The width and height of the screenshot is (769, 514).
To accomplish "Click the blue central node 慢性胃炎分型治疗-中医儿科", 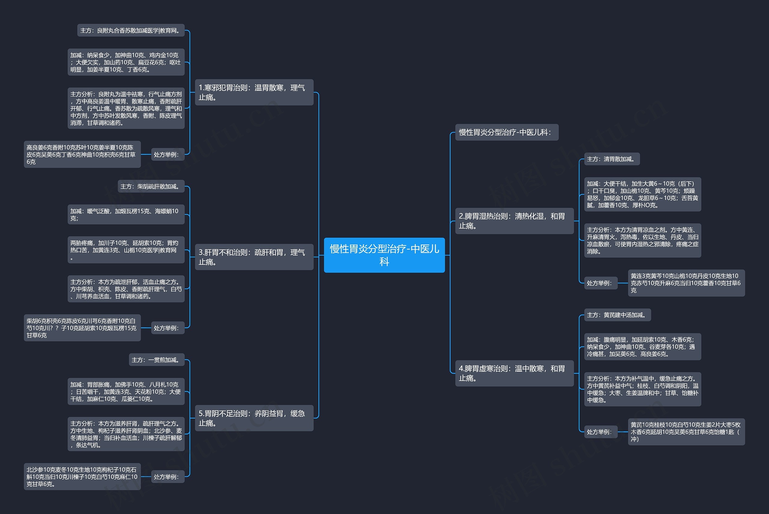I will (384, 255).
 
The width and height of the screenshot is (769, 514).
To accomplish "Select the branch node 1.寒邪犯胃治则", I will (254, 92).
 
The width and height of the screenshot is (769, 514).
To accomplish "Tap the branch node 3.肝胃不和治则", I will (254, 257).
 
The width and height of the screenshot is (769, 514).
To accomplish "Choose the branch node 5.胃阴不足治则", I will (254, 418).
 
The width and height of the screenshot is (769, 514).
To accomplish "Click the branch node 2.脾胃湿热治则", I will (514, 221).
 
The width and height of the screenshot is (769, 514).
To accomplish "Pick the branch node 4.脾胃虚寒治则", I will (514, 373).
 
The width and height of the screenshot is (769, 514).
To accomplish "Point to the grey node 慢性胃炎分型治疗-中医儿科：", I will (507, 132).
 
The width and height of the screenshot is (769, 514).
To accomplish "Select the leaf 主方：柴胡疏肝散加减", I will (151, 186).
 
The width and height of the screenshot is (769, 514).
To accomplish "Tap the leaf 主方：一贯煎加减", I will (157, 360).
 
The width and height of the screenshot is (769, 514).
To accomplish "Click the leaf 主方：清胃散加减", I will (612, 159).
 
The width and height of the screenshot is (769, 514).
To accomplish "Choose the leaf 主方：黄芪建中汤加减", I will (617, 315).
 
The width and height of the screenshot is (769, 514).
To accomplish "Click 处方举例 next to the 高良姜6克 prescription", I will (168, 154).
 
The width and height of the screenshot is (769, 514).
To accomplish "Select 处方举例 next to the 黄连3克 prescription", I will (600, 283).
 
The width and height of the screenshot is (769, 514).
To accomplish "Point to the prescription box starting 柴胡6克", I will (82, 328).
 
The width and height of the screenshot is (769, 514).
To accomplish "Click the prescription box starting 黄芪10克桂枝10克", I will (686, 432).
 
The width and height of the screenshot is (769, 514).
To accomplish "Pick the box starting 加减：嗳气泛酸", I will (126, 214).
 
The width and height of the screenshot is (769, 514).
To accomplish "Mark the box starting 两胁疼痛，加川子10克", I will (126, 250).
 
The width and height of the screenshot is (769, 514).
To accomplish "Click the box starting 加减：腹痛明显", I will (643, 346).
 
